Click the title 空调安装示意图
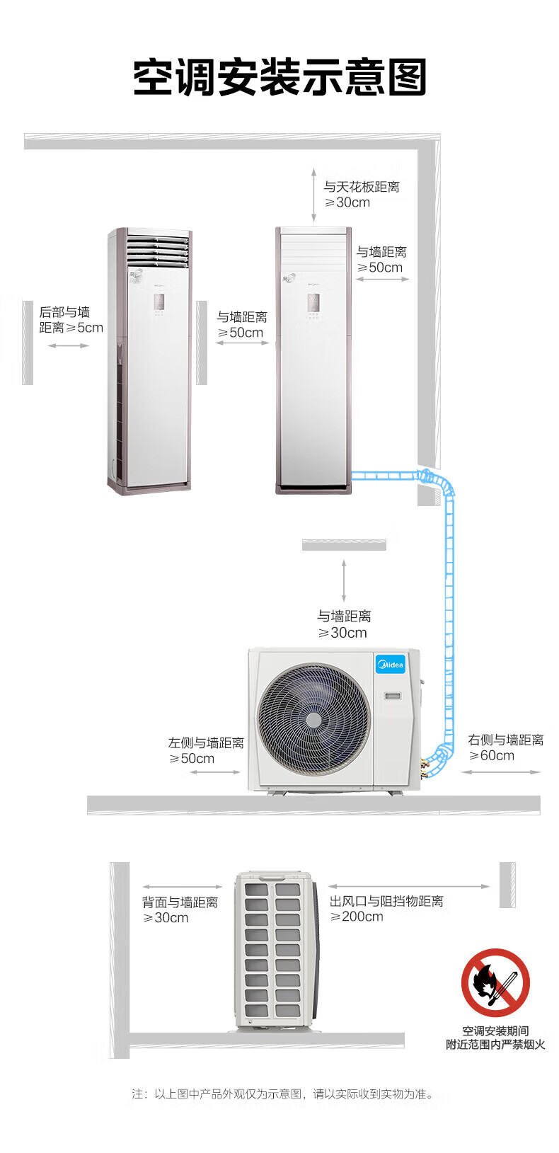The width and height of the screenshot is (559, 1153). [x=279, y=78]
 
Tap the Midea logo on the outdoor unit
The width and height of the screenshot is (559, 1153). [x=390, y=665]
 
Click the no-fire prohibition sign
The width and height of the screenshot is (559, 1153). [x=495, y=982]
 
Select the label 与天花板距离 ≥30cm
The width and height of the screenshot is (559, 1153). [x=361, y=195]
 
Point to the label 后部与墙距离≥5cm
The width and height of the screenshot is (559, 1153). [x=71, y=320]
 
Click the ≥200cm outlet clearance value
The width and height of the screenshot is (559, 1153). [x=357, y=917]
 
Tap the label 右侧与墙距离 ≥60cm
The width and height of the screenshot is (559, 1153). [x=505, y=747]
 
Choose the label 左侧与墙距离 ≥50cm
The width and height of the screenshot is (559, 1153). [x=205, y=750]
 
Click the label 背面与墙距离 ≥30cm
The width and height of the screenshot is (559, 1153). [x=180, y=910]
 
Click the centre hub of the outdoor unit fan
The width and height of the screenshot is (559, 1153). [x=313, y=720]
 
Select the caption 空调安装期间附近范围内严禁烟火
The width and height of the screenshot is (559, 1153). [x=495, y=1038]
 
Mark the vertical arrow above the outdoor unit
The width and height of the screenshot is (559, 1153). [x=345, y=581]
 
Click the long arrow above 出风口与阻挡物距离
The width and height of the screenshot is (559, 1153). [x=409, y=886]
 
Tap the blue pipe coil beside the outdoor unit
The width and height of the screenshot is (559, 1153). [x=439, y=758]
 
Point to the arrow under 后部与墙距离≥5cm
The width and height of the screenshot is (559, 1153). [x=69, y=345]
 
